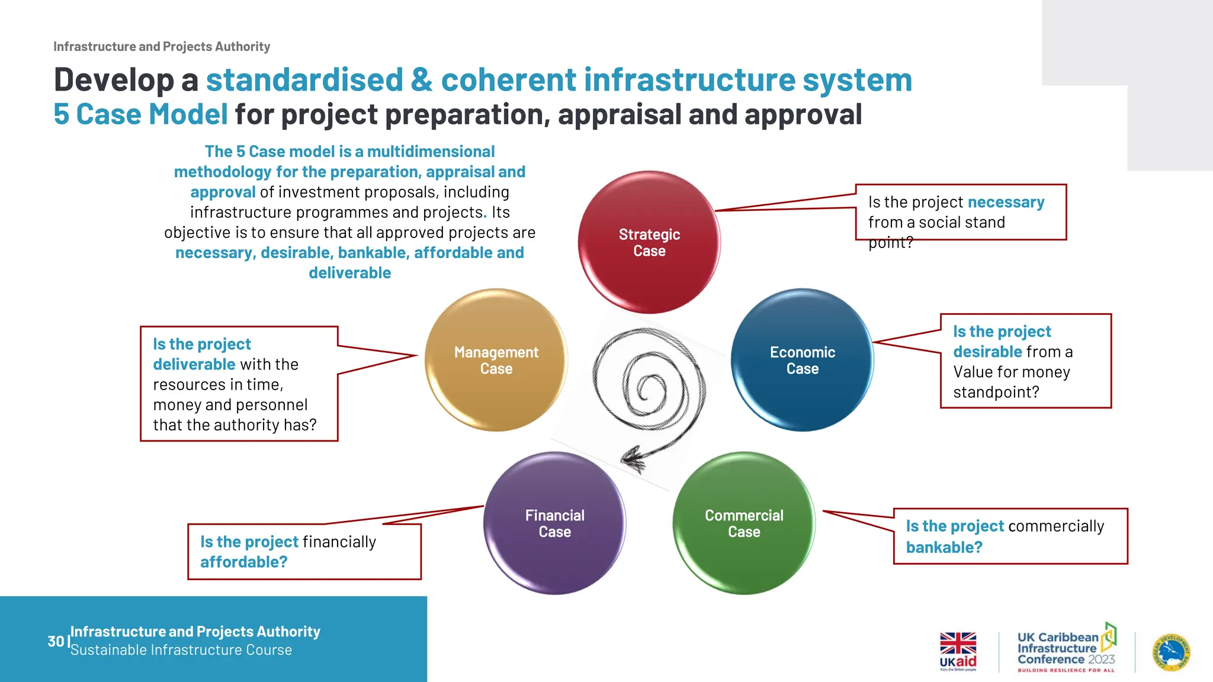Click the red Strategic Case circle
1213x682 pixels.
(x=649, y=242)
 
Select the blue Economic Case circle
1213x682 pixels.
(x=802, y=360)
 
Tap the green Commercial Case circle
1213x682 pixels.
(x=744, y=523)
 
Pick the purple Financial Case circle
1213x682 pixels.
(x=554, y=523)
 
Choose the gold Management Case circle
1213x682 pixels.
(x=496, y=360)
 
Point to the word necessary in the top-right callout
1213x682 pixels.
(x=1006, y=202)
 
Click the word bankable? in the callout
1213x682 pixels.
(x=944, y=548)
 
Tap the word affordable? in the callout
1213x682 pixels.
(x=243, y=562)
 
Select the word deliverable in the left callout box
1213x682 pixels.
(x=194, y=365)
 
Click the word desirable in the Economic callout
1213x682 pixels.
(x=987, y=352)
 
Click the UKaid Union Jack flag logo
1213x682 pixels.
(x=958, y=643)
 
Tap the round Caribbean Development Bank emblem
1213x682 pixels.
(x=1172, y=652)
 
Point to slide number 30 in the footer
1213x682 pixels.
(x=56, y=641)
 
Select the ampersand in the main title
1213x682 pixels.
(x=421, y=80)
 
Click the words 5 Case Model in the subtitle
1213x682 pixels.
(x=140, y=114)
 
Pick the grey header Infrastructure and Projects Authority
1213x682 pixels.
(x=162, y=47)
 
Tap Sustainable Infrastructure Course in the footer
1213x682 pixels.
(x=181, y=650)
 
